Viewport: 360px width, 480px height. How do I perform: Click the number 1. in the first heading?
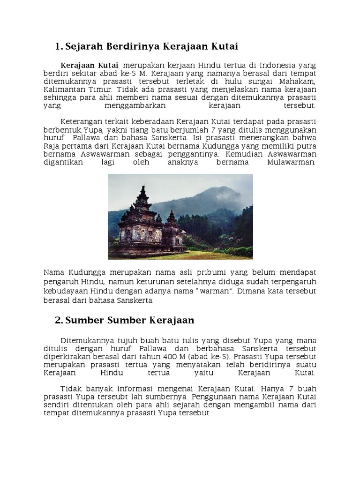(x=59, y=46)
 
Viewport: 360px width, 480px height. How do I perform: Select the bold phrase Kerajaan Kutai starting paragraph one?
(x=89, y=65)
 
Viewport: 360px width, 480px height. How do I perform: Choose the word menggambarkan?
(x=122, y=105)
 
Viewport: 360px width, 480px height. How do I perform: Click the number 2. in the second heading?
(x=59, y=320)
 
